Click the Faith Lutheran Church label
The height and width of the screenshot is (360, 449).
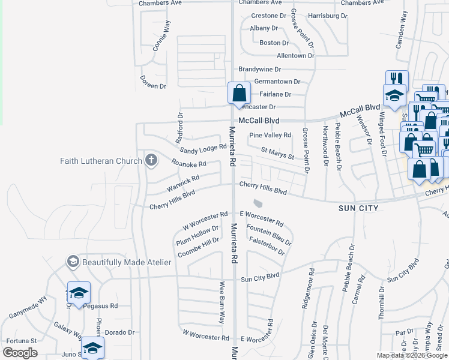point(101,160)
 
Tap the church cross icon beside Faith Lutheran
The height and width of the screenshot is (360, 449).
point(151,160)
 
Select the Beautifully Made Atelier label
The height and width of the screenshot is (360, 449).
point(127,262)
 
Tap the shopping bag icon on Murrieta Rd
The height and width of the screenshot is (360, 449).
point(239,94)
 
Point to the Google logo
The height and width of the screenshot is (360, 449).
point(20,353)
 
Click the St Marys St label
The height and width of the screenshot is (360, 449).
point(277,153)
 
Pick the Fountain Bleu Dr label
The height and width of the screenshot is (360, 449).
point(269,235)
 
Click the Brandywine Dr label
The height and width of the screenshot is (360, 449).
point(260,70)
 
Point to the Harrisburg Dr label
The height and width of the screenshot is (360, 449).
point(327,16)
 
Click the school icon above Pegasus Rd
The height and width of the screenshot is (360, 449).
point(79,292)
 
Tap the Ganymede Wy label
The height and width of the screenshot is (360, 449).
point(28,306)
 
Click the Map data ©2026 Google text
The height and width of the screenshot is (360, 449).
point(412,355)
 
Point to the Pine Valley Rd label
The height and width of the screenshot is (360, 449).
point(270,135)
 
